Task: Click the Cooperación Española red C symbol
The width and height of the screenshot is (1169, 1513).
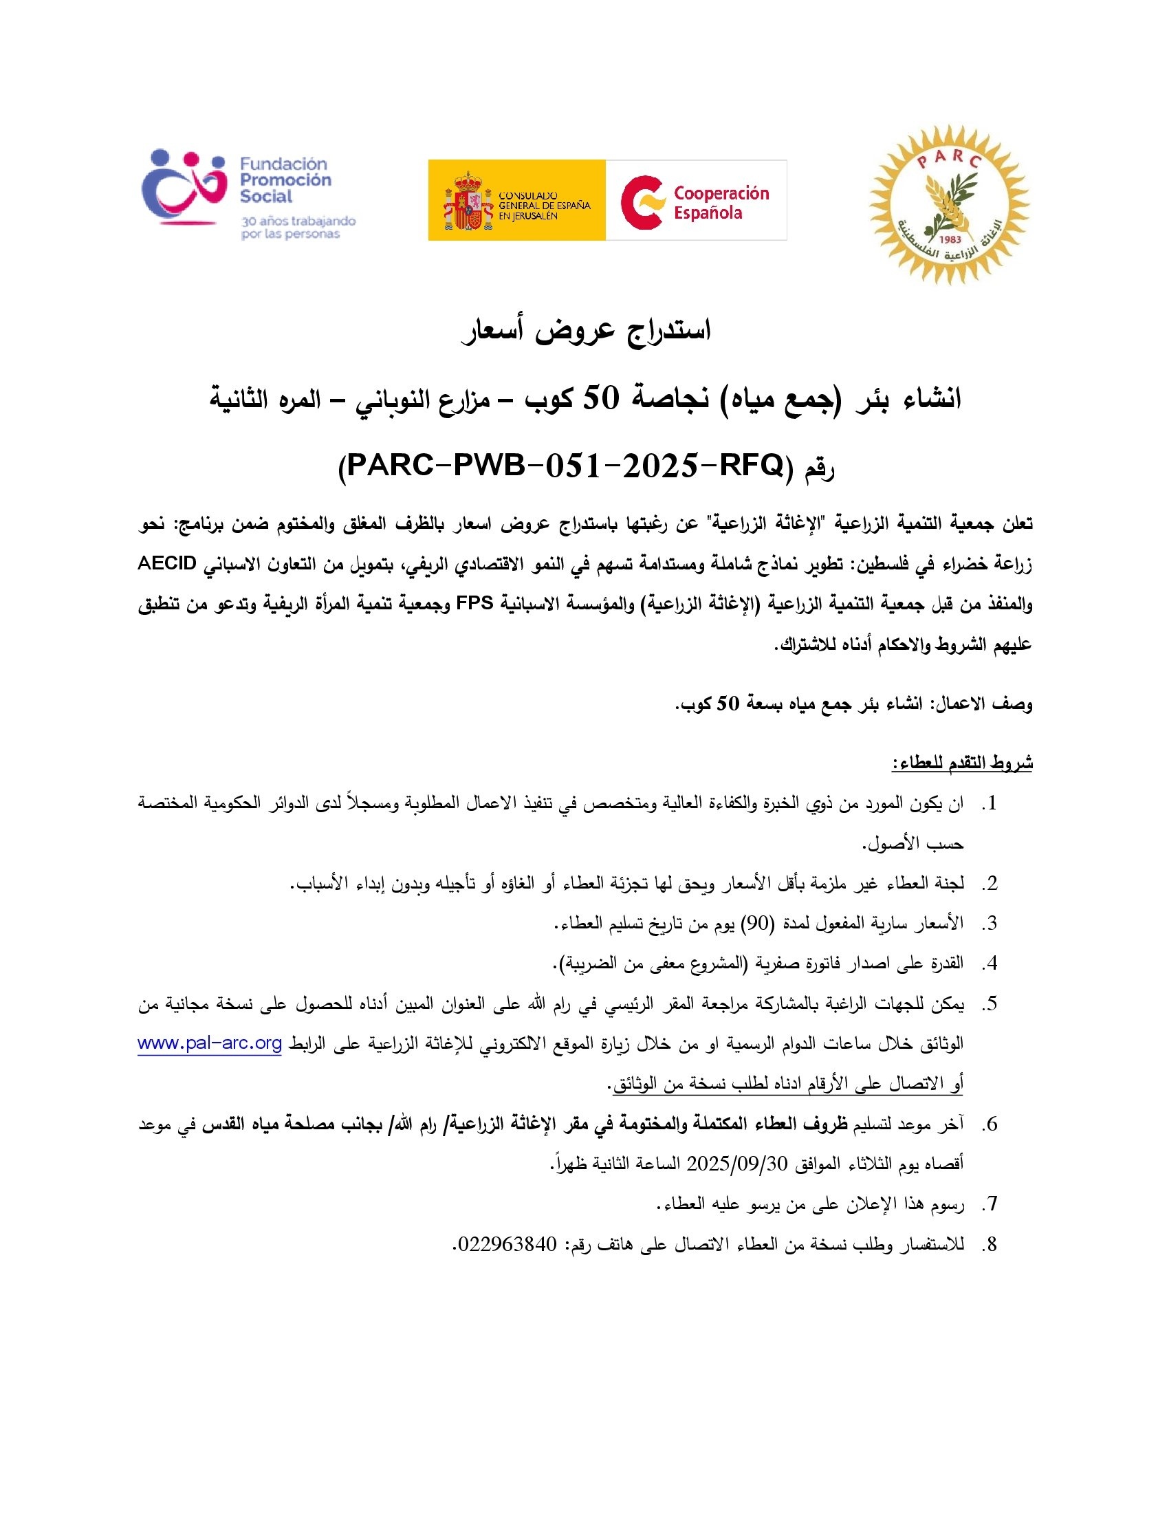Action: [643, 202]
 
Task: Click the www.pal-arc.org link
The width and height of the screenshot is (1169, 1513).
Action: [210, 1043]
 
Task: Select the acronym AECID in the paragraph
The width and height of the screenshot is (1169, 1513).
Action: [168, 563]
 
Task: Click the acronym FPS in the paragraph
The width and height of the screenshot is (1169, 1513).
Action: [474, 603]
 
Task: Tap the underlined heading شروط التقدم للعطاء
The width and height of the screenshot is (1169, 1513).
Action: [962, 763]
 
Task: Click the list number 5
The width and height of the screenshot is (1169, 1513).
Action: [991, 1003]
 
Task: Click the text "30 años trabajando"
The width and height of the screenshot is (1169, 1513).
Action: [298, 221]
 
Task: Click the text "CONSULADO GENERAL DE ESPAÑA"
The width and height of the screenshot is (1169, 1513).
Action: [545, 206]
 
